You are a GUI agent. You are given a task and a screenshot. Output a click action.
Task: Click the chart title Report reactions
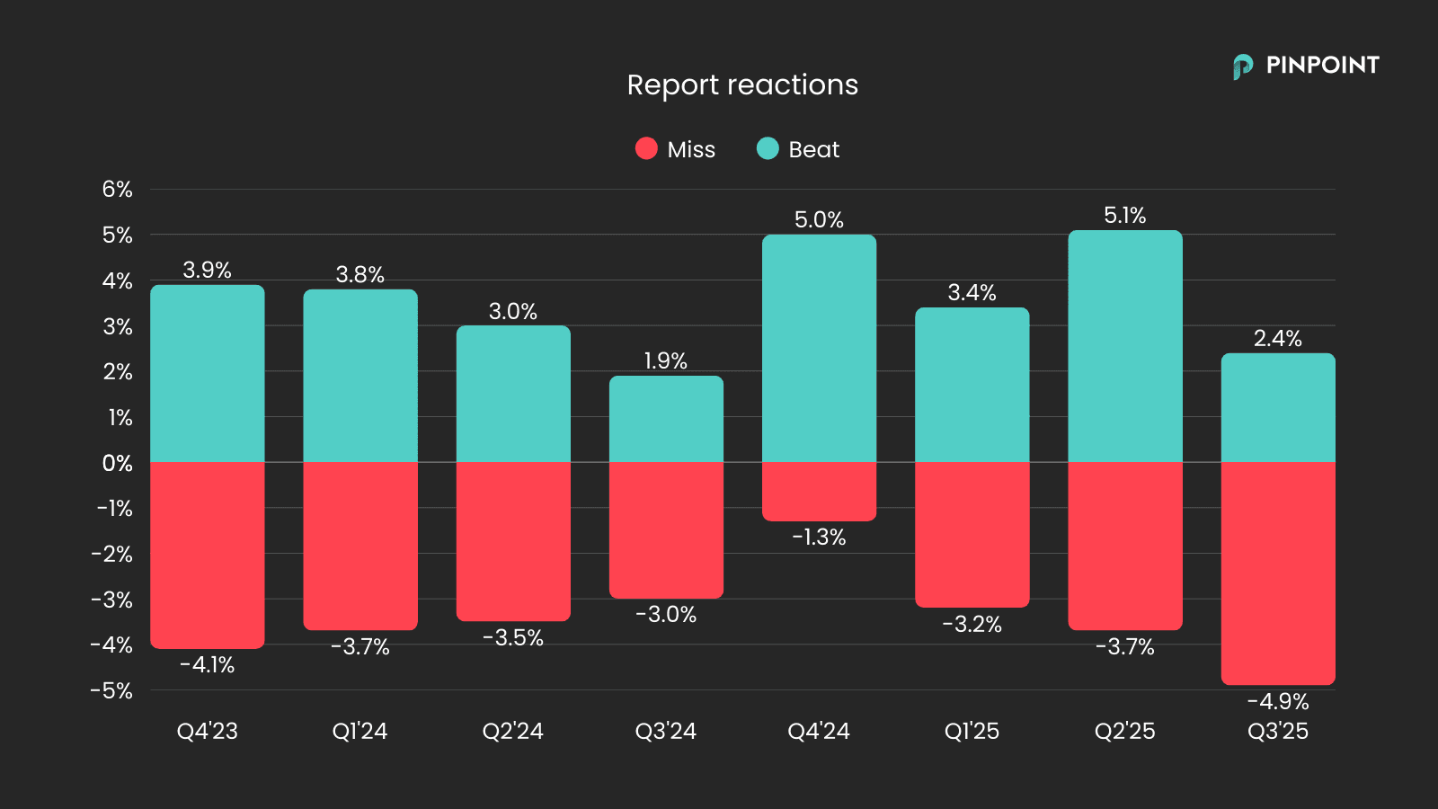[x=742, y=84]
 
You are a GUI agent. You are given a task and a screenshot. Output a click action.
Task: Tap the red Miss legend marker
[x=646, y=148]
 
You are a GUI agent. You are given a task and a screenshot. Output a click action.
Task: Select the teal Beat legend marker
[x=768, y=148]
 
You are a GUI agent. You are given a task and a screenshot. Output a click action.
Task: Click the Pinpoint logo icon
[x=1242, y=67]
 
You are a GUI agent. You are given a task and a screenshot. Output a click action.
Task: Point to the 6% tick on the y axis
[x=117, y=190]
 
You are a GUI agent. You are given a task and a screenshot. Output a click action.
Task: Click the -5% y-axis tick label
[x=111, y=690]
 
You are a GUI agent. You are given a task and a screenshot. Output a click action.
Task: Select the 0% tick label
[x=117, y=463]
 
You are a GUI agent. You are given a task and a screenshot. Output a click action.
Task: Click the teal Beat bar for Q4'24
[x=819, y=349]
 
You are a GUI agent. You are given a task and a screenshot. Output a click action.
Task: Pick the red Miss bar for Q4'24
[x=819, y=491]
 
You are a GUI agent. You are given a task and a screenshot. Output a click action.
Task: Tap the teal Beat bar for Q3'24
[x=666, y=419]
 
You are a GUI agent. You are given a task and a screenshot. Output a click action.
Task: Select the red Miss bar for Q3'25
[x=1277, y=573]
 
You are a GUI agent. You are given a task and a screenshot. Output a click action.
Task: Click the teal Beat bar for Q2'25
[x=1124, y=346]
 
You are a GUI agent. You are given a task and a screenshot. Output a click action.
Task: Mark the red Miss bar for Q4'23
[x=207, y=555]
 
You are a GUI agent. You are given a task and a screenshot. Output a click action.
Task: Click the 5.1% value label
[x=1124, y=216]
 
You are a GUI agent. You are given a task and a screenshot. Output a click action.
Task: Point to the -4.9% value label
[x=1277, y=702]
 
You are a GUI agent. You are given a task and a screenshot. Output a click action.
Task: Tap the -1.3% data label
[x=819, y=538]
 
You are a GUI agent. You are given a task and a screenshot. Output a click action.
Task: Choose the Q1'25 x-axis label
[x=972, y=731]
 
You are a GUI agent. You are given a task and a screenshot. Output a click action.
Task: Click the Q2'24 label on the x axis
[x=512, y=731]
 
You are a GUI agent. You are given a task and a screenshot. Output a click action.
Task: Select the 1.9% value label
[x=666, y=361]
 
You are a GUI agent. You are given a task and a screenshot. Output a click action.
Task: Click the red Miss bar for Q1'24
[x=359, y=546]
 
